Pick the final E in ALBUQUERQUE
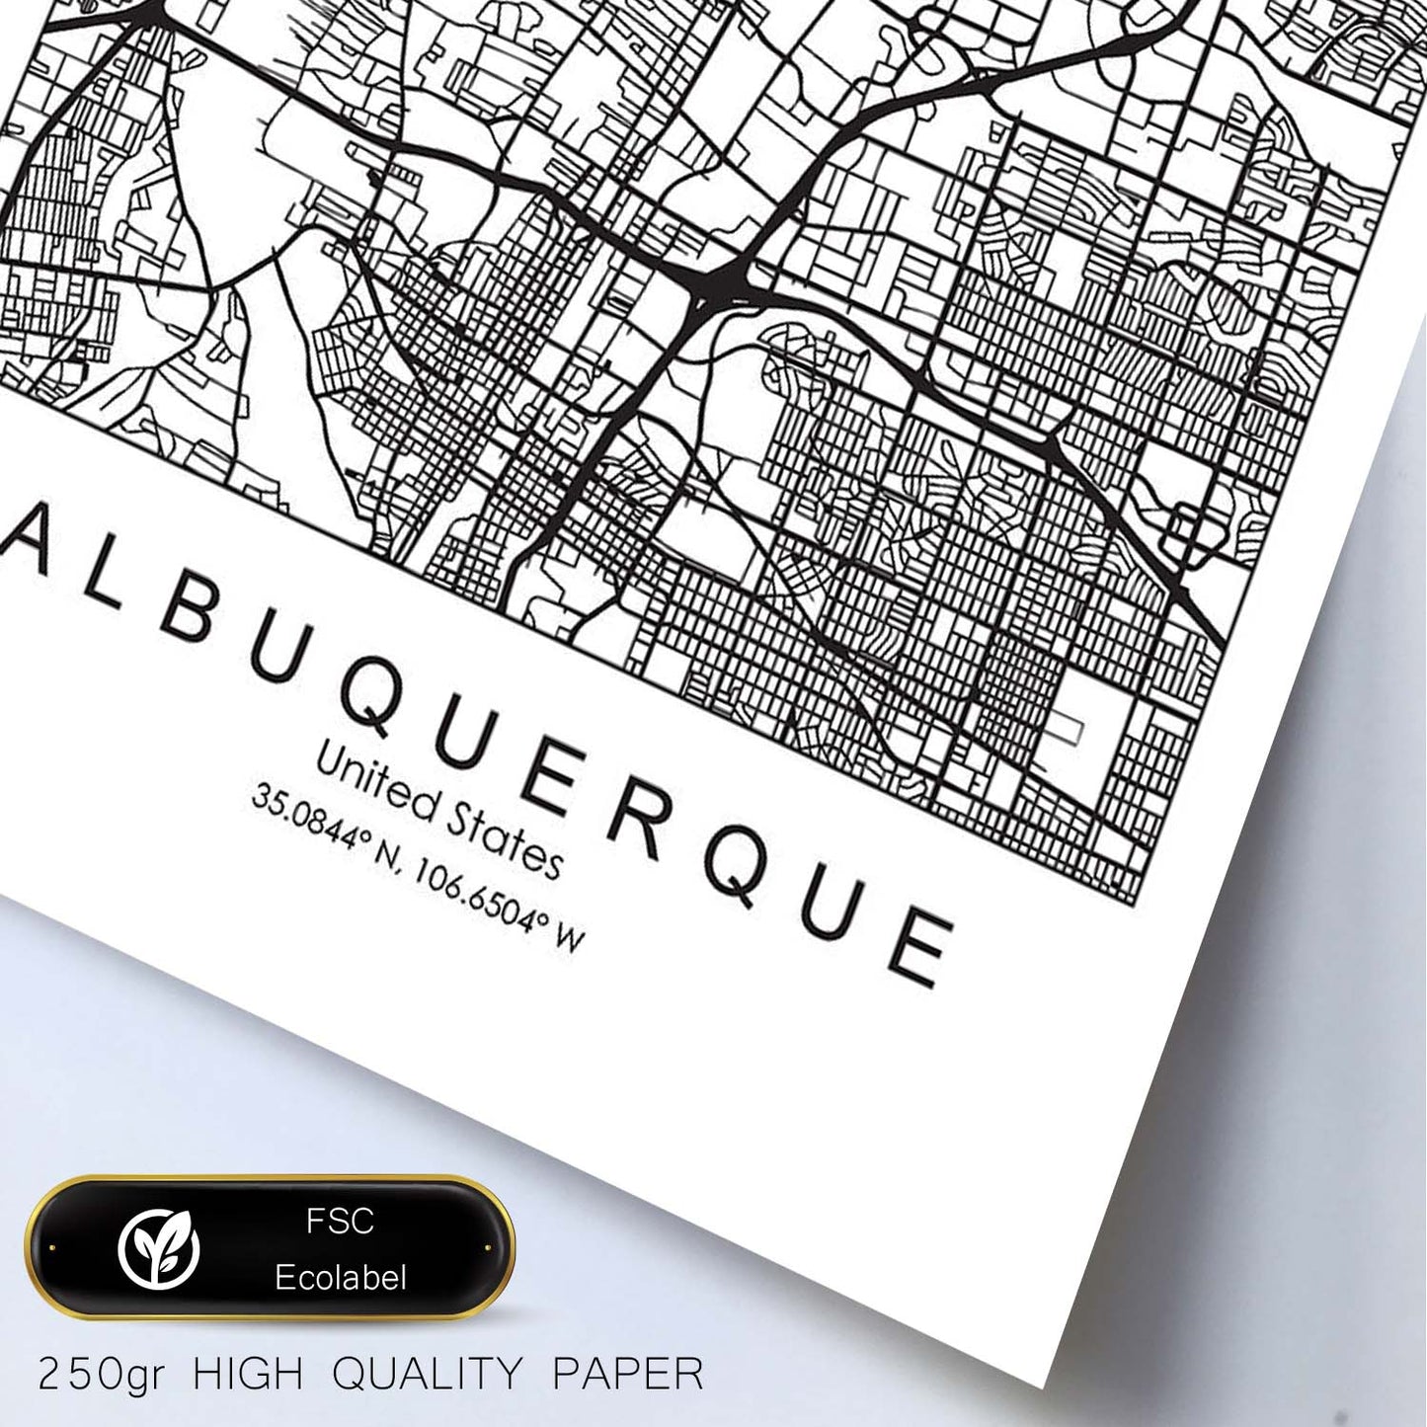coord(921,946)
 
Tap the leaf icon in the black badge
coord(158,1249)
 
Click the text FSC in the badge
coord(340,1222)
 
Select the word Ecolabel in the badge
coord(341,1278)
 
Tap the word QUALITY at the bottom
coord(427,1374)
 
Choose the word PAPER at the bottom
coord(626,1374)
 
